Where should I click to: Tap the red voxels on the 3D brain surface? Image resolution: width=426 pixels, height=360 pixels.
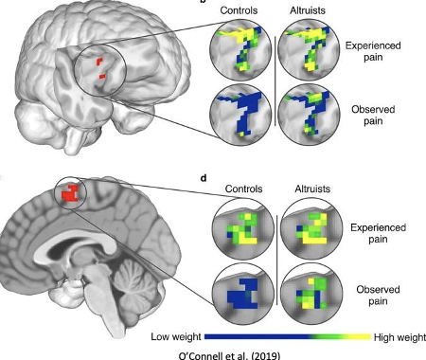(101, 66)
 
